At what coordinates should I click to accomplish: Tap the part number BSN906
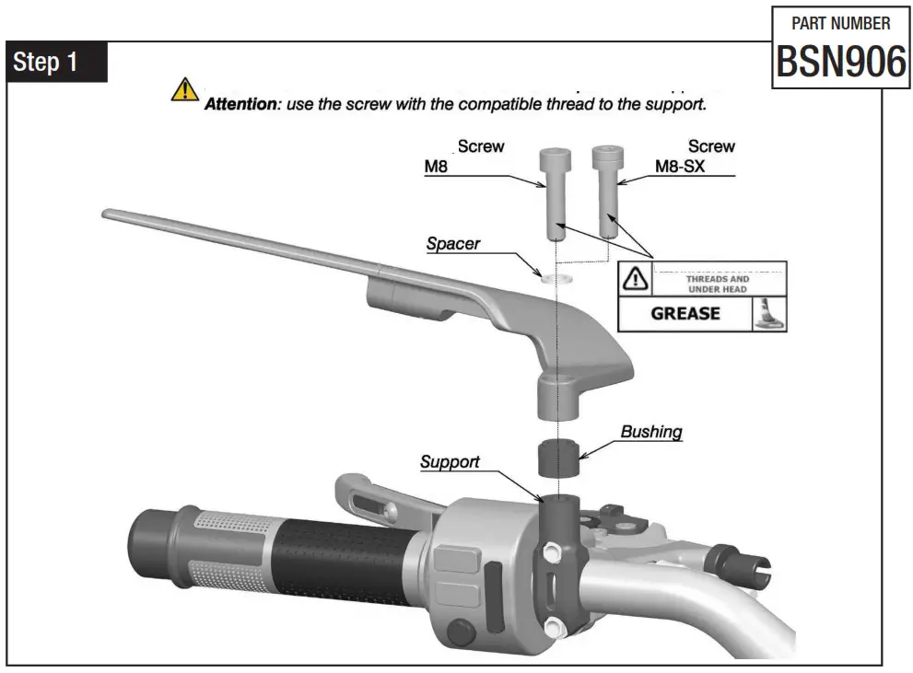coord(841,63)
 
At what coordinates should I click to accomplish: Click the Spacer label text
coord(453,245)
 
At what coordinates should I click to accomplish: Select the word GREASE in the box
coord(685,313)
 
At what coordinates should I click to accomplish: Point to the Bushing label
coord(651,432)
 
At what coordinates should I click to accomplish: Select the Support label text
coord(450,462)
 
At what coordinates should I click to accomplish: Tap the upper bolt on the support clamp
coord(553,552)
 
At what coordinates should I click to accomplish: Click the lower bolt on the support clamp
coord(553,628)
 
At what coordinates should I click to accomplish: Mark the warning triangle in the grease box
coord(635,279)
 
